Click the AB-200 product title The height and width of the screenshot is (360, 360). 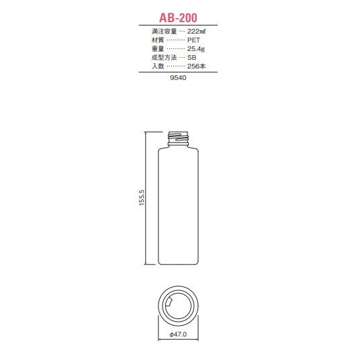pyautogui.click(x=178, y=17)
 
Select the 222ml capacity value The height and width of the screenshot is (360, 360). pyautogui.click(x=196, y=31)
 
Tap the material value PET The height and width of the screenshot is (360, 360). pyautogui.click(x=193, y=40)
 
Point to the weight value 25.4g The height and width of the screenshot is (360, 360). pyautogui.click(x=196, y=49)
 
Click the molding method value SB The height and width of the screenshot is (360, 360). pyautogui.click(x=191, y=57)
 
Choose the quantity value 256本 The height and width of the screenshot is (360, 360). pyautogui.click(x=196, y=66)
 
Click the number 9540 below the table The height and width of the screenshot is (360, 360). pyautogui.click(x=178, y=78)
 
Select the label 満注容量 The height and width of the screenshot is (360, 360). pyautogui.click(x=164, y=31)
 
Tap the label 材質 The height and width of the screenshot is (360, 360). pyautogui.click(x=158, y=40)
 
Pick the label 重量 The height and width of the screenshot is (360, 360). pyautogui.click(x=158, y=49)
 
